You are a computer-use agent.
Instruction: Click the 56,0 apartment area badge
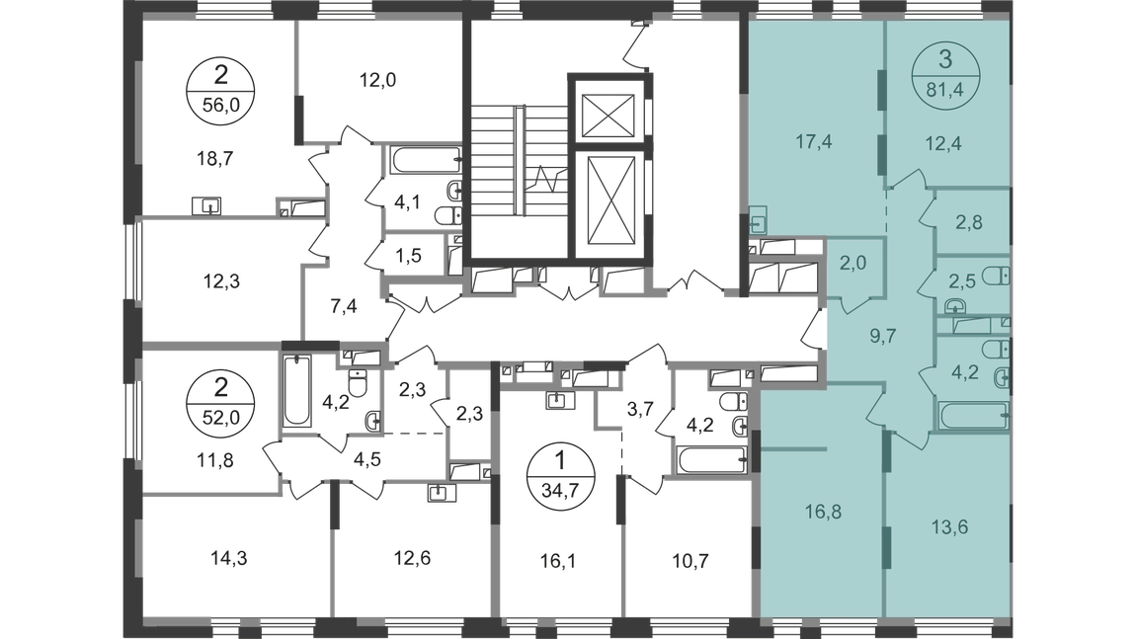pos(221,88)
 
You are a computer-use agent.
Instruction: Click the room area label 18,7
pos(214,159)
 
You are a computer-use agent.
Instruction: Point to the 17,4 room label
pos(814,142)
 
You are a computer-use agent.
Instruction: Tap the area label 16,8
pos(823,513)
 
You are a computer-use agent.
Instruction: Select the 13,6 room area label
pos(949,526)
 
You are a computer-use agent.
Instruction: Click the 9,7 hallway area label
pos(883,336)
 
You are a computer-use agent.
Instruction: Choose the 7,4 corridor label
pos(344,306)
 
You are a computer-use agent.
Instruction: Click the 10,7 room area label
pos(690,560)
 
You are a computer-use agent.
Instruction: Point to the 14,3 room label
pos(229,558)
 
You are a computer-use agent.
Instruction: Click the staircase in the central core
pos(519,161)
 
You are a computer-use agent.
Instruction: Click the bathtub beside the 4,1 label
pos(426,159)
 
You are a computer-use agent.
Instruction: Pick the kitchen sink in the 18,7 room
pos(206,206)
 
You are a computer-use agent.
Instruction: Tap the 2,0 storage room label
pos(852,264)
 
